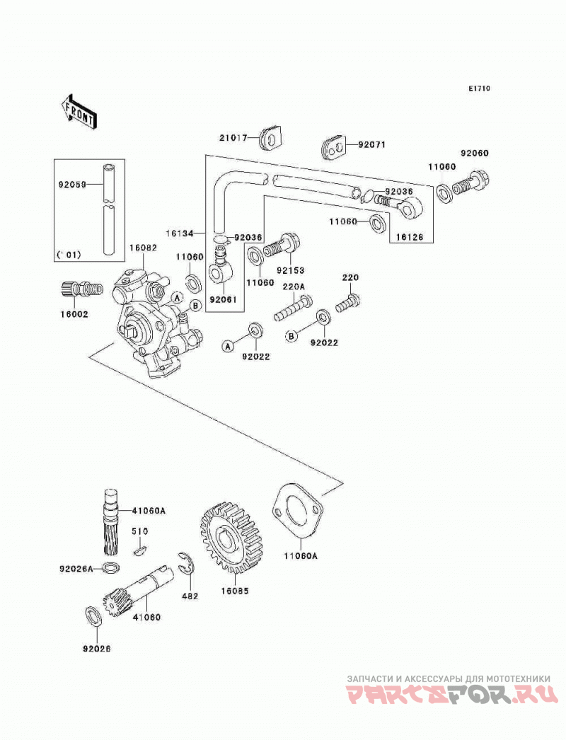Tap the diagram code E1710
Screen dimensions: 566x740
coord(479,88)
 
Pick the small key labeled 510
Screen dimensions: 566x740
coord(139,550)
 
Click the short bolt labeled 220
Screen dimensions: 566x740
coord(348,303)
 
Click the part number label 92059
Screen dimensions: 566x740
coord(72,185)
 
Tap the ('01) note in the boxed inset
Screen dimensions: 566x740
coord(69,255)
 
